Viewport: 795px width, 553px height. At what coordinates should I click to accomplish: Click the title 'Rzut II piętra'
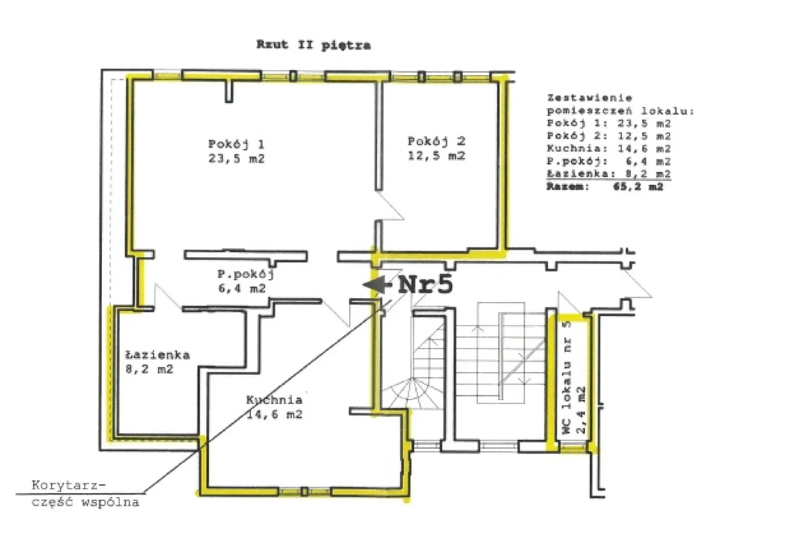314,45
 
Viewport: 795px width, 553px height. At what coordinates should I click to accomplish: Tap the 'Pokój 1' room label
236,144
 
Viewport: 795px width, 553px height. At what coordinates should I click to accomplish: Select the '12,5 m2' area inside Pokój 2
437,155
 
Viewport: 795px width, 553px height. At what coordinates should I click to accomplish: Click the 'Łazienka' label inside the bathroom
158,355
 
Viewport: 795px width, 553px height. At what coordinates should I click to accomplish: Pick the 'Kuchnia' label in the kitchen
275,400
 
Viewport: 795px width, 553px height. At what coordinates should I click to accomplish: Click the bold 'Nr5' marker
425,285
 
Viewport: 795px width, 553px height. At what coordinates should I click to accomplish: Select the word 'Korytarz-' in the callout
68,485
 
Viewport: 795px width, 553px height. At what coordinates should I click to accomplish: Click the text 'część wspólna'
85,502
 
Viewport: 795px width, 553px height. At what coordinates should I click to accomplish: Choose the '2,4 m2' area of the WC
581,409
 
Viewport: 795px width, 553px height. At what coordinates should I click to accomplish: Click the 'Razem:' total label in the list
568,186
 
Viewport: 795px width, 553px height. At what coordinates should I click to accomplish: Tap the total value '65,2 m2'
638,186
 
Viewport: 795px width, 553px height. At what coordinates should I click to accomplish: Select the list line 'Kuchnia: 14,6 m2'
609,149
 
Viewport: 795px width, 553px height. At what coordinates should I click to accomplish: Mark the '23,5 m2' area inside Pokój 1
237,158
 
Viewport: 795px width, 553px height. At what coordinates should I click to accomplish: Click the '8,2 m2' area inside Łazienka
150,369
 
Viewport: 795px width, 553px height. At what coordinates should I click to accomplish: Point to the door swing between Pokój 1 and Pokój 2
389,206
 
